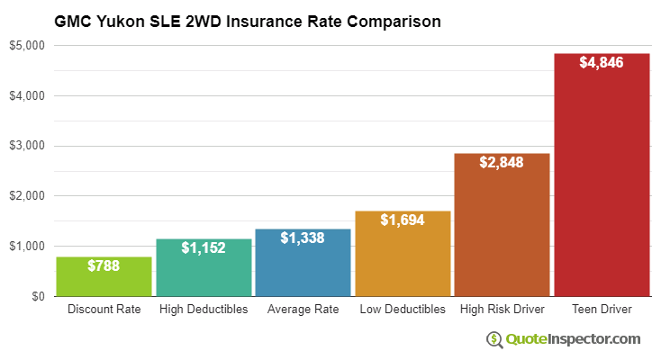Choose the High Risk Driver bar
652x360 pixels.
click(x=502, y=225)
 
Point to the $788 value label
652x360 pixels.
click(x=104, y=265)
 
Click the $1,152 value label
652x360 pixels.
click(x=204, y=247)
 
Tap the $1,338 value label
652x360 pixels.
click(x=303, y=238)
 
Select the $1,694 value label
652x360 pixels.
click(x=403, y=220)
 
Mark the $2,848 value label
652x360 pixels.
click(x=502, y=162)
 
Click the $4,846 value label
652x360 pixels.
click(x=602, y=62)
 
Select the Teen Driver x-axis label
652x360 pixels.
click(x=602, y=310)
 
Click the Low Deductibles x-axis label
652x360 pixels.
click(x=403, y=310)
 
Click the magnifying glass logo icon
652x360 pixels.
click(x=494, y=339)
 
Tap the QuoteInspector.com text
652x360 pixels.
click(x=573, y=339)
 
